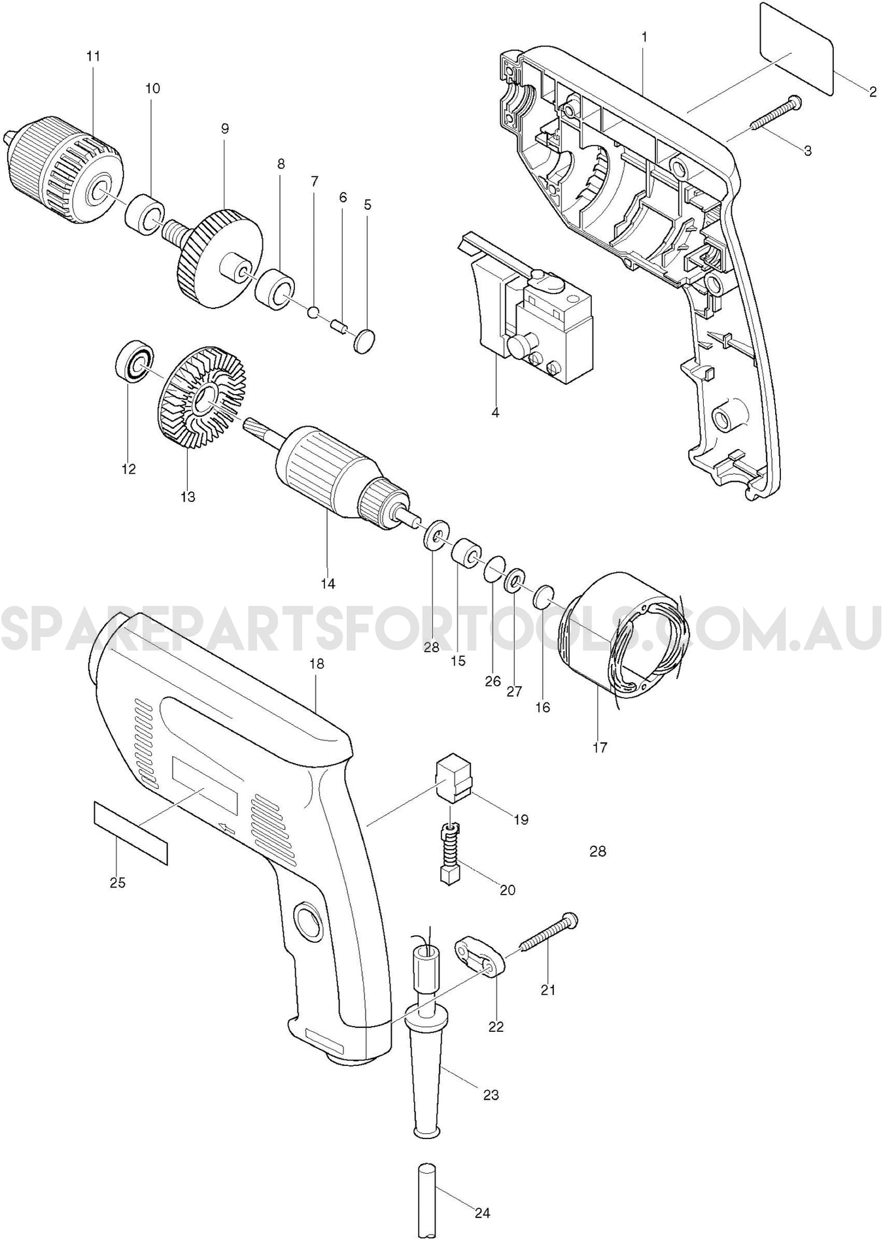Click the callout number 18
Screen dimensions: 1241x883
click(317, 663)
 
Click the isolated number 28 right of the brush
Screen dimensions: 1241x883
click(598, 852)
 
